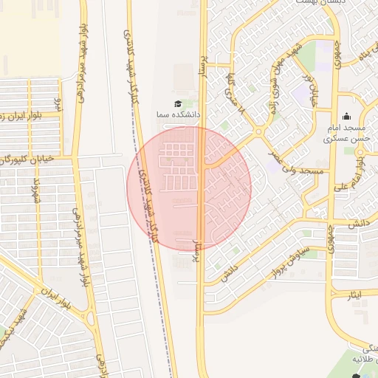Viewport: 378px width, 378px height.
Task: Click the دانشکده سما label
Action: [172, 116]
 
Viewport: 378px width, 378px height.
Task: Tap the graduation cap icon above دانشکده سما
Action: [177, 103]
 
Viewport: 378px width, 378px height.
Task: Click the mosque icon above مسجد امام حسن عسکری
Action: [346, 116]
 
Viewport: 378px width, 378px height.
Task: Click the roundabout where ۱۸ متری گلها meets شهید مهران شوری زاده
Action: [259, 132]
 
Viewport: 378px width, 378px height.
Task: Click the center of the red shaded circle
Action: [190, 188]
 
